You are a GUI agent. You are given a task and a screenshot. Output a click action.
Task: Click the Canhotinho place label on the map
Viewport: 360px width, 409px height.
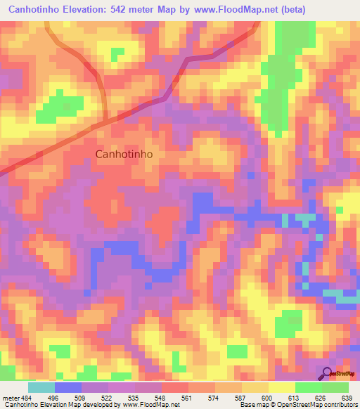[x=124, y=154]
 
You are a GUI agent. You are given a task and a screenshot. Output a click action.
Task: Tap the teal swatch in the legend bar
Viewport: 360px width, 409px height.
[x=41, y=387]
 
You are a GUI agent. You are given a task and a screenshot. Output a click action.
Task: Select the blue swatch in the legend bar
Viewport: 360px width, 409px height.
[x=67, y=387]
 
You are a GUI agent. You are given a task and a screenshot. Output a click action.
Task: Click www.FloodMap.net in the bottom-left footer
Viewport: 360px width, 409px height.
[x=150, y=405]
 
